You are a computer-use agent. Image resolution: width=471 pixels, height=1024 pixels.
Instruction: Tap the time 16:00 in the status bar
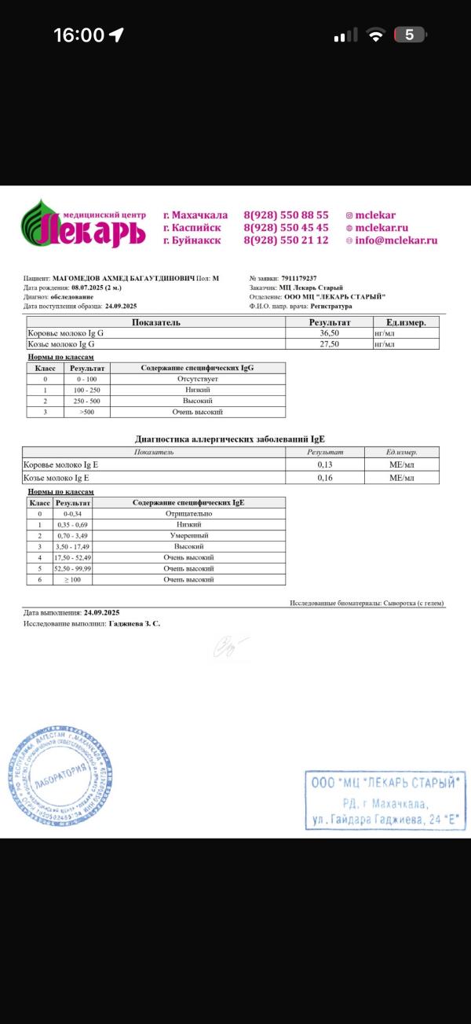point(78,35)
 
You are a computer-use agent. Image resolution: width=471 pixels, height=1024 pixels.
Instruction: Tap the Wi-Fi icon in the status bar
point(377,35)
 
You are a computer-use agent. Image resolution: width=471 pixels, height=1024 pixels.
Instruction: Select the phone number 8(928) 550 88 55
point(286,215)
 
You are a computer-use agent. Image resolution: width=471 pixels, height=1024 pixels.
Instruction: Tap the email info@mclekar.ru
point(396,240)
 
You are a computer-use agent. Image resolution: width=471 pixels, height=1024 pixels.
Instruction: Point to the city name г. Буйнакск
point(192,240)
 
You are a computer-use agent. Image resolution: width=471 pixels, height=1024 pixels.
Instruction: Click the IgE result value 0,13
point(325,465)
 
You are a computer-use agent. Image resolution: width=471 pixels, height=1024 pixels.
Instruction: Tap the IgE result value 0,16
point(325,478)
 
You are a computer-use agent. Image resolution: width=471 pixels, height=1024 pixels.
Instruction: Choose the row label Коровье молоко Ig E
point(63,465)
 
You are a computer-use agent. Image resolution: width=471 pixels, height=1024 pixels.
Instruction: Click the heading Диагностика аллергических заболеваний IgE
point(231,439)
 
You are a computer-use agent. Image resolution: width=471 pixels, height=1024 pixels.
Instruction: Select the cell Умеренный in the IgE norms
point(188,535)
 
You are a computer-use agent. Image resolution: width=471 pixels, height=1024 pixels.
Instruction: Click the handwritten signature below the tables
point(231,646)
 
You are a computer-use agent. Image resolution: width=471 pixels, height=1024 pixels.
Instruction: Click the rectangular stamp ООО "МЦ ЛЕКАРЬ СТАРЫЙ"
point(384,800)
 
